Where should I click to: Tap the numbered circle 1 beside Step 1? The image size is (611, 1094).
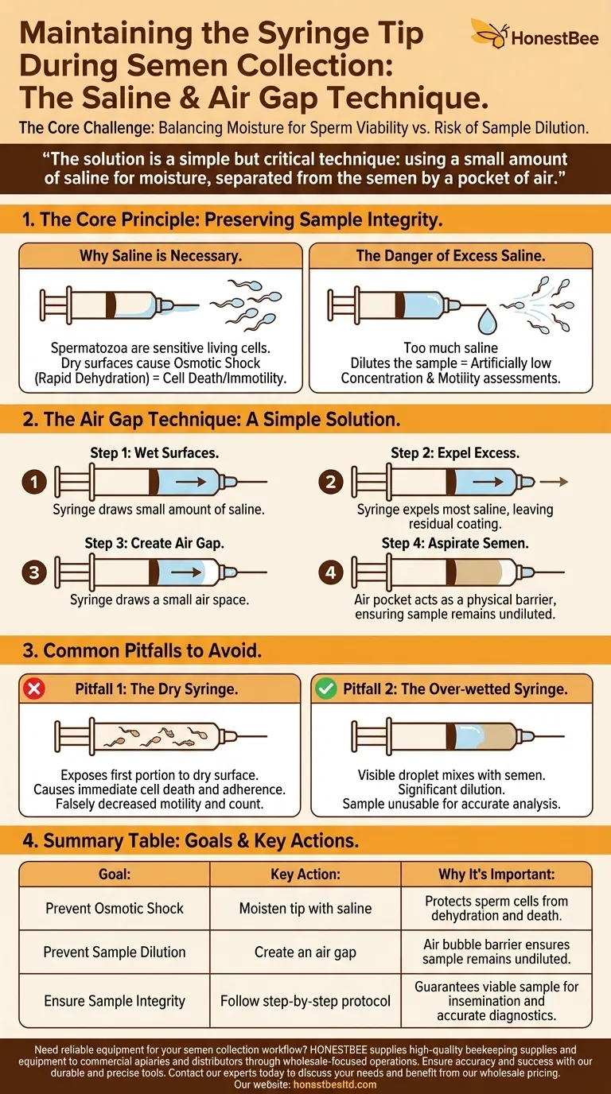(33, 483)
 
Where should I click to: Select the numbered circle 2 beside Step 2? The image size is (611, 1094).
(331, 483)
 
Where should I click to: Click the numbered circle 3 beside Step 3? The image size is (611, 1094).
(33, 572)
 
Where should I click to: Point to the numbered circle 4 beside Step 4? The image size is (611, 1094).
(331, 572)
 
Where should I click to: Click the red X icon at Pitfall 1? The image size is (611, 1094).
(35, 689)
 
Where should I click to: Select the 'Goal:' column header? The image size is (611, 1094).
(115, 874)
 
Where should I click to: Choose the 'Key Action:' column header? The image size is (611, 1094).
(305, 874)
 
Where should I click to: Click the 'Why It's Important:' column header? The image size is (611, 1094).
(496, 874)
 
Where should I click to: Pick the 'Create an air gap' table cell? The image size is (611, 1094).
(305, 952)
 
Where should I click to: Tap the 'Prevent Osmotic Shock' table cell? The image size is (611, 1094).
(115, 908)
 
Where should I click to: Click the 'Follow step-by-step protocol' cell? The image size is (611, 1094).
(305, 1001)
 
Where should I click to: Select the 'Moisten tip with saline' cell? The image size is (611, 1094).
(305, 908)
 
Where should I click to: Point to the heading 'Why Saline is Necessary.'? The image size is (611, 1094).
(161, 256)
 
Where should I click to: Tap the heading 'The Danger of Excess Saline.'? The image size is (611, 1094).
(450, 256)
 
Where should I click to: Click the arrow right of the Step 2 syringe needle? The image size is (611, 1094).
(558, 482)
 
